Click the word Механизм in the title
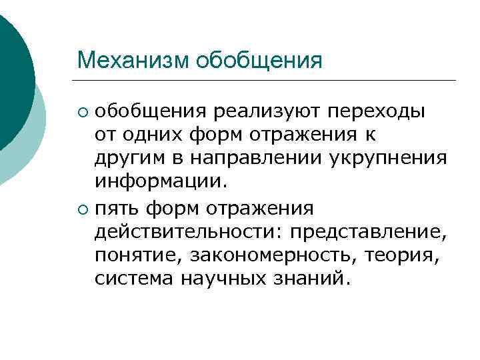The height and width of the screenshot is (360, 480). (133, 61)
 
